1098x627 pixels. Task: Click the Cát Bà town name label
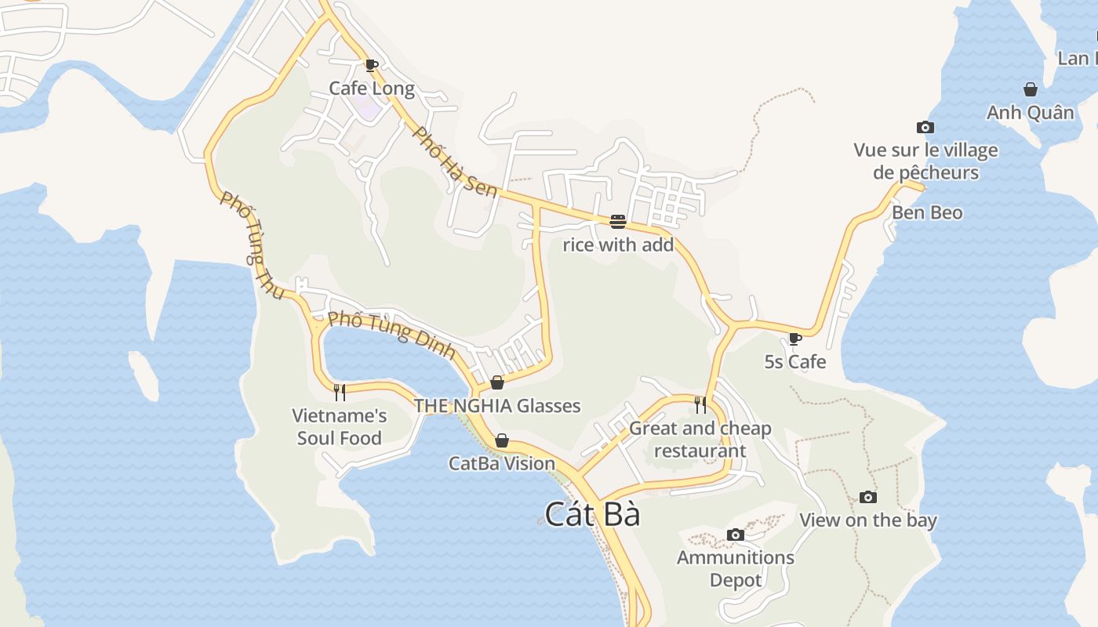tap(592, 515)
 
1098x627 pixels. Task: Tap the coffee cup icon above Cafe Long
tap(372, 65)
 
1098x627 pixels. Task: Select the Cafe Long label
tap(372, 88)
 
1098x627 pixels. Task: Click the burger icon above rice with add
tap(617, 222)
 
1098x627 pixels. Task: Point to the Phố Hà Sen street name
tap(455, 161)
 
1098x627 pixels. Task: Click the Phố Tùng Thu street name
tap(252, 245)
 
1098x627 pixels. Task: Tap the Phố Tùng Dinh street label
tap(391, 335)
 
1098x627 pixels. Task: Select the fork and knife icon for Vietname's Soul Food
tap(340, 392)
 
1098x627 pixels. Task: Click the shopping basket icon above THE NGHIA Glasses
tap(497, 382)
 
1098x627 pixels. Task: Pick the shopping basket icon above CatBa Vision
tap(502, 440)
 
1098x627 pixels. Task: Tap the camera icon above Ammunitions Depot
tap(735, 535)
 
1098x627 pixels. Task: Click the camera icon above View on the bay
tap(867, 497)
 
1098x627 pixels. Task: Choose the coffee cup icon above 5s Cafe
tap(795, 339)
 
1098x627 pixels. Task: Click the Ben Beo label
tap(927, 212)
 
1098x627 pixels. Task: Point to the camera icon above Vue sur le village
tap(925, 127)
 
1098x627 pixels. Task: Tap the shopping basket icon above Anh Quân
tap(1030, 90)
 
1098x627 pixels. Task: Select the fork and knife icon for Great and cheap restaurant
tap(700, 405)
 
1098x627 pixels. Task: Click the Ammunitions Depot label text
tap(735, 568)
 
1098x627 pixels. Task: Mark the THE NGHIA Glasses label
tap(497, 405)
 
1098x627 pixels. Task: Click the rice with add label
tap(618, 245)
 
